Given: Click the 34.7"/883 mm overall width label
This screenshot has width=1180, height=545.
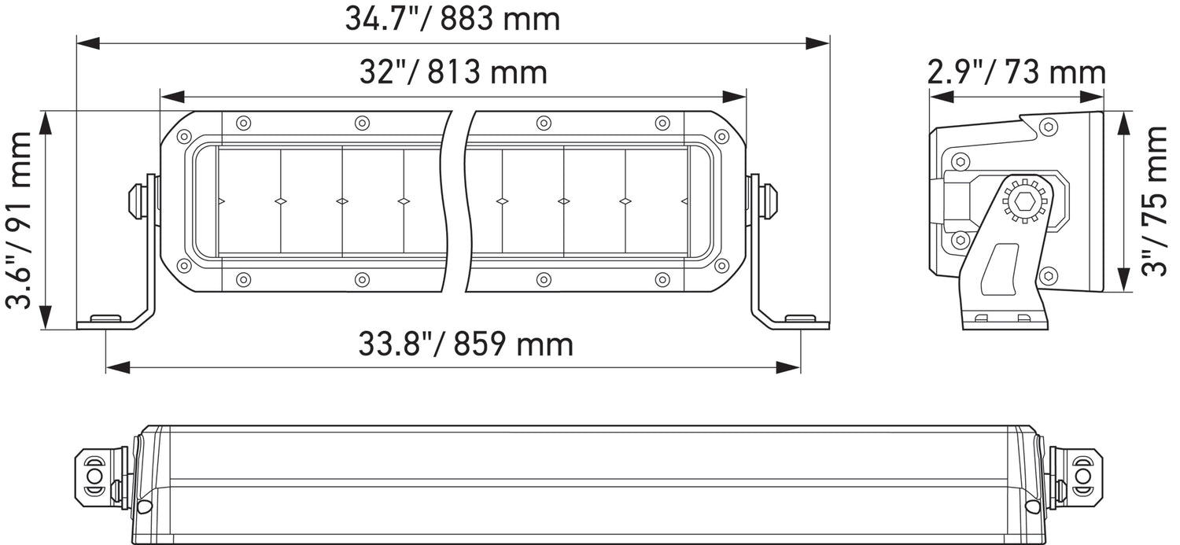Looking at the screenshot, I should coord(452,19).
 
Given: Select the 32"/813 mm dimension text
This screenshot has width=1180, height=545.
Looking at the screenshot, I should coord(452,72).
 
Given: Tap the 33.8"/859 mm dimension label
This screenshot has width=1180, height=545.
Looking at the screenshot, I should coord(466,344).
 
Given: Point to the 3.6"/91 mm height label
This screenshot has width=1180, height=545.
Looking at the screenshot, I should coord(20,220).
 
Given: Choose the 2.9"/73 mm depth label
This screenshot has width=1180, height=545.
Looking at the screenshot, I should coord(1016,72).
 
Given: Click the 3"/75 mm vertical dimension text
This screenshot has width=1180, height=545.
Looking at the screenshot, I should coord(1155,202).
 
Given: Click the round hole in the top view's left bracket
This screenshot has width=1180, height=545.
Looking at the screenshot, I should coord(94,477).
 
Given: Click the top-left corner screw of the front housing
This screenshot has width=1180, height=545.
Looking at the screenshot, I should coord(184,137).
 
